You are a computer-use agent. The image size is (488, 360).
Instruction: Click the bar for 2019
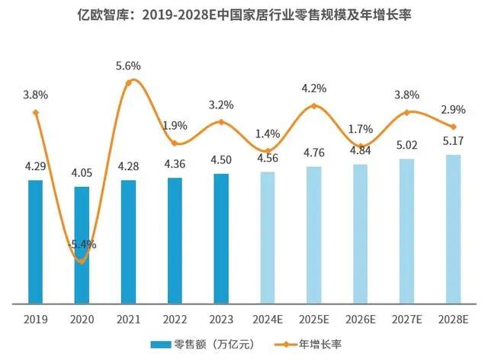coord(35,242)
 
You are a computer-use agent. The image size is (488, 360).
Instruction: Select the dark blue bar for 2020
coord(82,245)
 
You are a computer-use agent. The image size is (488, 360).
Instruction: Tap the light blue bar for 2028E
coord(454,229)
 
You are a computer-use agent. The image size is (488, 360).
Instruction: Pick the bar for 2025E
coord(314,235)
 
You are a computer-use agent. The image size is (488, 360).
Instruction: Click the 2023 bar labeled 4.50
coord(221,239)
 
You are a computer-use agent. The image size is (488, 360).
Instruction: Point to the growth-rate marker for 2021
coord(128,82)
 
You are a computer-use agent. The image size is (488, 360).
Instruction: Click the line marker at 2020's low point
coord(82,262)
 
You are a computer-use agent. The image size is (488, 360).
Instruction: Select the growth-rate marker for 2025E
coord(314,106)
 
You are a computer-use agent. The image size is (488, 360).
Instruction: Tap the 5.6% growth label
coord(128,66)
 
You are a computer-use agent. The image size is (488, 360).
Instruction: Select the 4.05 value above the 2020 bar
coord(82,173)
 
